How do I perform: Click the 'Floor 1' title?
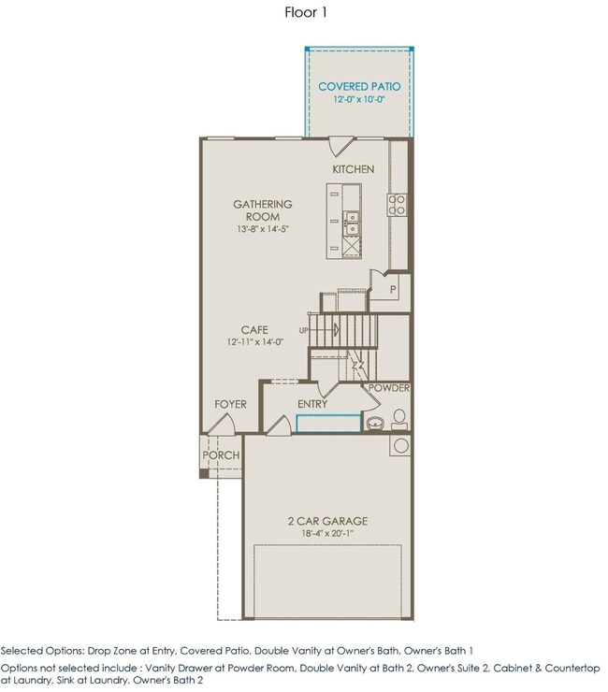point(306,12)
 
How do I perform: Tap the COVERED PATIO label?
point(359,86)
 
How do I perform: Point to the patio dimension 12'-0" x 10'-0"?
point(359,99)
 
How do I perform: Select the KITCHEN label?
point(354,169)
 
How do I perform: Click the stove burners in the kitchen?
point(397,205)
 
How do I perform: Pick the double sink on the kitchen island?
point(352,223)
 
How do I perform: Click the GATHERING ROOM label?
point(263,210)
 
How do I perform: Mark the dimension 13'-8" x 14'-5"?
point(263,229)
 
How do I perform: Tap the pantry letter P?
point(393,290)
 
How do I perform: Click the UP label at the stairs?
point(304,330)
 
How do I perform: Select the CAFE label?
point(254,330)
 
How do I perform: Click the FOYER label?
point(230,404)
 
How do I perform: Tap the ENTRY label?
point(312,404)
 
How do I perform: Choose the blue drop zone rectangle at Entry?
point(328,424)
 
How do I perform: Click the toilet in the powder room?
point(398,419)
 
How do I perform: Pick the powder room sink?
point(375,424)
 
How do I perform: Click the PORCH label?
point(221,455)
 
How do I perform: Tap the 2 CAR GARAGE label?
point(327,521)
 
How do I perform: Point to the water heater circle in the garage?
point(401,445)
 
